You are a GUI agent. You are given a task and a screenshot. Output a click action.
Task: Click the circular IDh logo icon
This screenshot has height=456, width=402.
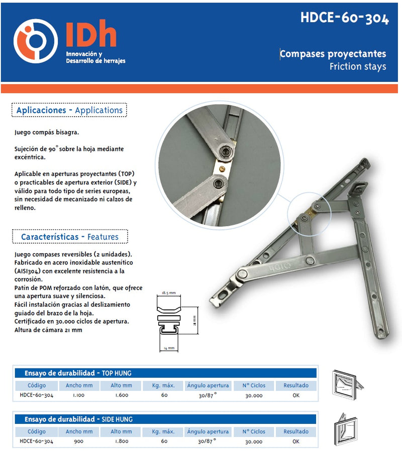(x=35, y=41)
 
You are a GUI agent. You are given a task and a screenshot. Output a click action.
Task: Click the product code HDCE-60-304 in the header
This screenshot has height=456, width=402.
(x=345, y=18)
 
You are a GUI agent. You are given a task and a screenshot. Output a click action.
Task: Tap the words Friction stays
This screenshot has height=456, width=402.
(x=358, y=66)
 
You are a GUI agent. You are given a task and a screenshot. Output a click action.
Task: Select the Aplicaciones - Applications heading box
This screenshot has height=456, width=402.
(x=69, y=110)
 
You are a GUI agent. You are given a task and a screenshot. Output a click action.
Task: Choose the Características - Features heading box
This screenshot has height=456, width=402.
(x=70, y=236)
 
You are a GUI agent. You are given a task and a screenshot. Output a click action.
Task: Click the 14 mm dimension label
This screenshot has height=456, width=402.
(x=168, y=348)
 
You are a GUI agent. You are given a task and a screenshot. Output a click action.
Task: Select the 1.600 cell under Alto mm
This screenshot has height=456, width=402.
(x=121, y=395)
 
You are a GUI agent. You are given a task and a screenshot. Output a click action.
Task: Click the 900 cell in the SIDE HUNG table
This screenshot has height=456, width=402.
(x=79, y=441)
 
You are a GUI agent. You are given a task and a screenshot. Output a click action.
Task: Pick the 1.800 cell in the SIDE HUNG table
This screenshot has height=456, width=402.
(x=121, y=441)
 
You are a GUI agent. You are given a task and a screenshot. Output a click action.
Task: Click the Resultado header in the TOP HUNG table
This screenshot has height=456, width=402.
(x=295, y=386)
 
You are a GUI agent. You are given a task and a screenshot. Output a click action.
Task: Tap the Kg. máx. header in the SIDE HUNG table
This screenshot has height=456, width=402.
(x=164, y=431)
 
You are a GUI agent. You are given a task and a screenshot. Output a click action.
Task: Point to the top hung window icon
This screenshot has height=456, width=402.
(x=347, y=385)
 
